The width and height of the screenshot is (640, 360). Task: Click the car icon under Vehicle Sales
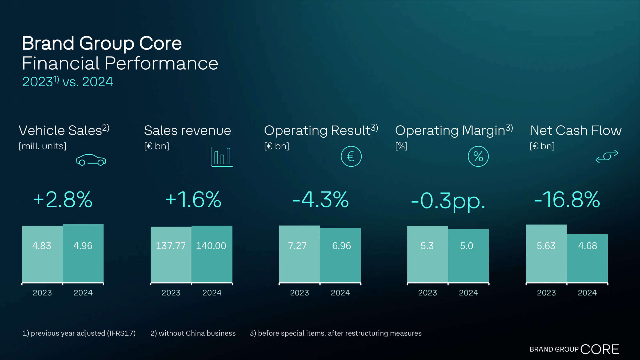[x=91, y=160]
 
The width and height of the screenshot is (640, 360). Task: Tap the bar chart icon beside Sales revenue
[x=222, y=157]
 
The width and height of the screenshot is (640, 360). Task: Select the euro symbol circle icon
[x=351, y=157]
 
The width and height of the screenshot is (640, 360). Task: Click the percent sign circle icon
[x=478, y=157]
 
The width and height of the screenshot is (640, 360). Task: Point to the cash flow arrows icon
[x=607, y=156]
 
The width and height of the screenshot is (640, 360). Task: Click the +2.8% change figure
[x=63, y=200]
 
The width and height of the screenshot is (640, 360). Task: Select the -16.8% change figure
[x=567, y=200]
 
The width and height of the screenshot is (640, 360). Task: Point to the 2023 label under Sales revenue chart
[x=171, y=293]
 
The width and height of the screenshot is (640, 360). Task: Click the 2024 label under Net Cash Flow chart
[x=587, y=293]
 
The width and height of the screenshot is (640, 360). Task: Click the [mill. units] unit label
[x=42, y=146]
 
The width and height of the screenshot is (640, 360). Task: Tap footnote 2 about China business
[x=193, y=333]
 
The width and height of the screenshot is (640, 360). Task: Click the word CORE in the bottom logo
[x=599, y=349]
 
